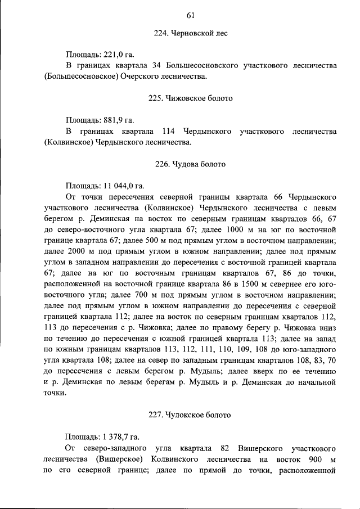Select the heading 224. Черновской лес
190,34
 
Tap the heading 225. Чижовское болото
190,98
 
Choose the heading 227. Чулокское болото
190,415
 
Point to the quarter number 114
170,131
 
